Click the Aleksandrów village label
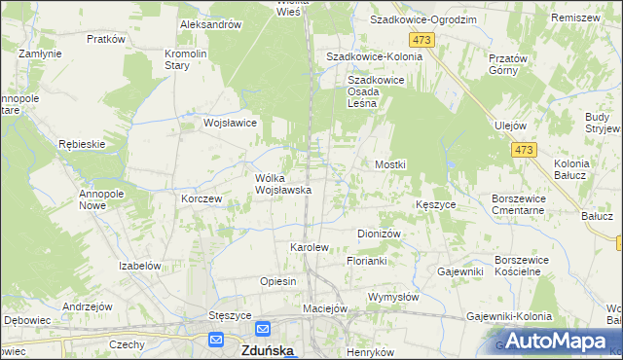point(209,24)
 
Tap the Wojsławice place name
point(230,124)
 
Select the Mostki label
point(390,165)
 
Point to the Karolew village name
point(310,248)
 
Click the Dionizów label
point(380,234)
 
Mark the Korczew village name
point(202,198)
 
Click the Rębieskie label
point(81,144)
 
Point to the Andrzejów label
point(83,306)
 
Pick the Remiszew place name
point(574,18)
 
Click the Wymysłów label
point(393,296)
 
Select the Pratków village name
point(105,39)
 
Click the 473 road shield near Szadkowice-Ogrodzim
point(421,39)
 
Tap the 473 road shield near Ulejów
point(524,149)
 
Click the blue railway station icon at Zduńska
point(219,341)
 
